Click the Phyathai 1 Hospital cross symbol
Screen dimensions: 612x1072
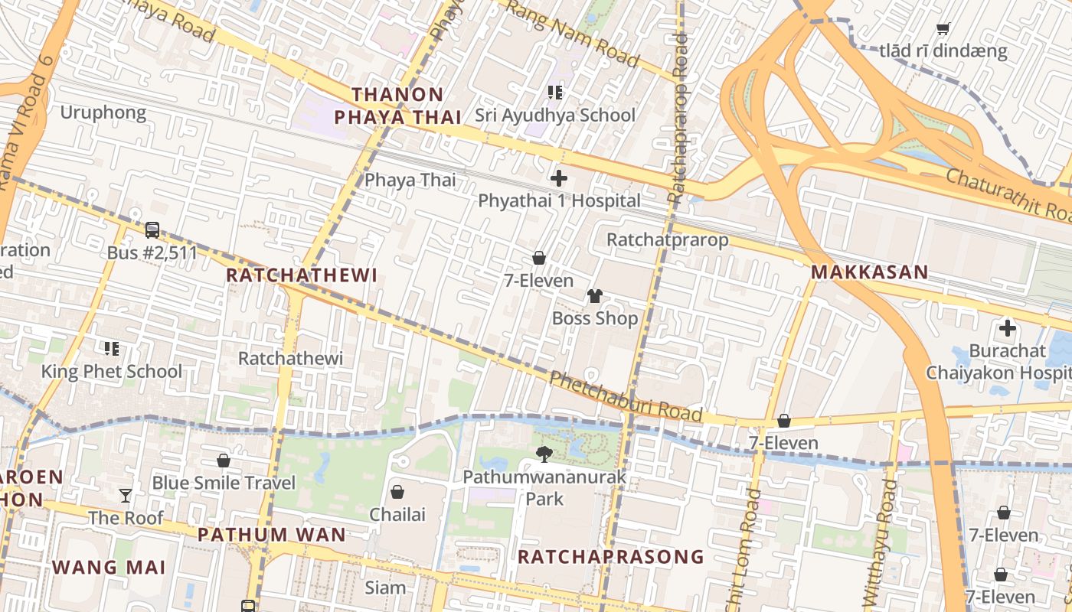click(x=559, y=178)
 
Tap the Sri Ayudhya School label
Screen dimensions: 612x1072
click(x=555, y=116)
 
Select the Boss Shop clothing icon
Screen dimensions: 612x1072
click(x=595, y=296)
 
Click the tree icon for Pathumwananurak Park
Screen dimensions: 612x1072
click(x=544, y=455)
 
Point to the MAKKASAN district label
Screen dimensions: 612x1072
click(x=869, y=272)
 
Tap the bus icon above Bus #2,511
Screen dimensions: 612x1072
click(x=152, y=229)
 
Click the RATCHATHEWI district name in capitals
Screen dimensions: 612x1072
click(x=302, y=275)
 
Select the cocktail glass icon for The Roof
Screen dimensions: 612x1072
click(x=126, y=496)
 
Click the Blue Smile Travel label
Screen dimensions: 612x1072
click(x=224, y=483)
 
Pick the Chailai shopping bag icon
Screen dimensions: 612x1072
click(x=397, y=491)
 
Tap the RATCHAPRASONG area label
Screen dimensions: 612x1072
click(x=610, y=556)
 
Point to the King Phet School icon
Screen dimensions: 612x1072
click(x=112, y=349)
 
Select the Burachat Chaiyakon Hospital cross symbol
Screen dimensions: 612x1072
click(x=1007, y=329)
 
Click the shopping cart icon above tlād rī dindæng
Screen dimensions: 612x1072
click(x=943, y=29)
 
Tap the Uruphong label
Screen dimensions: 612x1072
click(x=103, y=113)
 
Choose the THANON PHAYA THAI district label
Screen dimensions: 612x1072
click(x=397, y=106)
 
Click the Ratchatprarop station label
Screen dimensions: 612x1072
click(x=667, y=239)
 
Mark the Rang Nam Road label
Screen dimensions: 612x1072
click(x=573, y=34)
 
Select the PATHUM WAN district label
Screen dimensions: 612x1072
click(x=272, y=534)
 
